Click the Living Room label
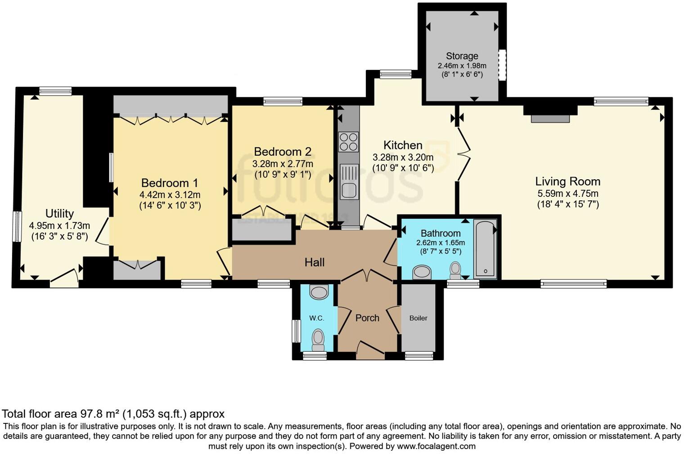tap(567, 182)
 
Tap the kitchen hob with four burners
tap(348, 141)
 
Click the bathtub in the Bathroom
tap(485, 248)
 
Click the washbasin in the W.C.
tap(319, 292)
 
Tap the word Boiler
tap(418, 318)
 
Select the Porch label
tap(367, 318)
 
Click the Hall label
tap(314, 262)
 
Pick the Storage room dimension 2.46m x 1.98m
tap(462, 66)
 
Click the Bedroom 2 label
tap(283, 152)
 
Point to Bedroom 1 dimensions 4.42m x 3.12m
tap(170, 195)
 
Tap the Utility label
tap(59, 213)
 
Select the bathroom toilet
tap(455, 269)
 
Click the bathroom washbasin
tap(422, 272)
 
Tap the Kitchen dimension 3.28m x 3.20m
tap(403, 157)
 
